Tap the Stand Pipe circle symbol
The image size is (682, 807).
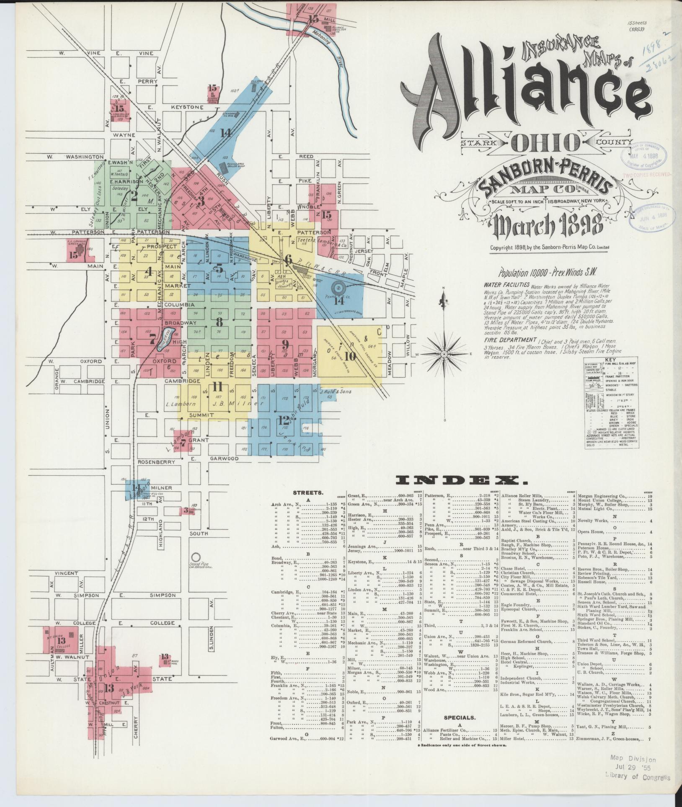(195, 558)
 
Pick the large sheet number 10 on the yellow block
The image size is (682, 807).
(350, 357)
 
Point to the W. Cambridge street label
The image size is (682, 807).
(81, 382)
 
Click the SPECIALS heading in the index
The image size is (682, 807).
(460, 717)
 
